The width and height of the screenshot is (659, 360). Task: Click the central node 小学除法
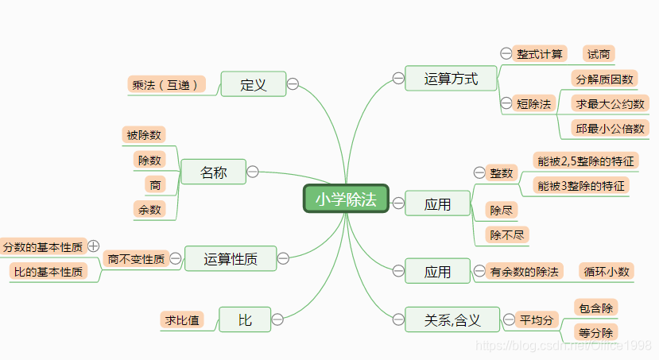click(346, 199)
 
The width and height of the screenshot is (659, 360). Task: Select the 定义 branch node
click(253, 84)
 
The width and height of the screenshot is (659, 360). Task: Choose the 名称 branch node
click(213, 172)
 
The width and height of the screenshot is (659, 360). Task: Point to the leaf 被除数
click(144, 135)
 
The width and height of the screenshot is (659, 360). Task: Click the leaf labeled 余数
click(149, 209)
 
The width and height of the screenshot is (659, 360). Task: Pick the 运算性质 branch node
click(230, 257)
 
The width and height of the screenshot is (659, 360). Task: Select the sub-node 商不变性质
click(136, 258)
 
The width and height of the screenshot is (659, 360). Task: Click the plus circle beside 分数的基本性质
click(93, 246)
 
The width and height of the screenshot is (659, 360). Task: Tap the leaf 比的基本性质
click(48, 272)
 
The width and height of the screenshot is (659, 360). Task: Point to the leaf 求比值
click(182, 319)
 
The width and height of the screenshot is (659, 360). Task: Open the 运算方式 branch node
click(451, 78)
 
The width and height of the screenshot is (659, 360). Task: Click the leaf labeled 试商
click(599, 54)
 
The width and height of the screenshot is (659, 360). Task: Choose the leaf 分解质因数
click(605, 79)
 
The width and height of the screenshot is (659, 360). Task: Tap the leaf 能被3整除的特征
click(582, 186)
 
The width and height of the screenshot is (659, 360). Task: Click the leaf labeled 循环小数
click(607, 271)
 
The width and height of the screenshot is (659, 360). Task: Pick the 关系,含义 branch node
click(452, 319)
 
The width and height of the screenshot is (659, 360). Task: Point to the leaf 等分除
click(595, 332)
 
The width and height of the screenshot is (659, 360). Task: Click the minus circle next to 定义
click(293, 83)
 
